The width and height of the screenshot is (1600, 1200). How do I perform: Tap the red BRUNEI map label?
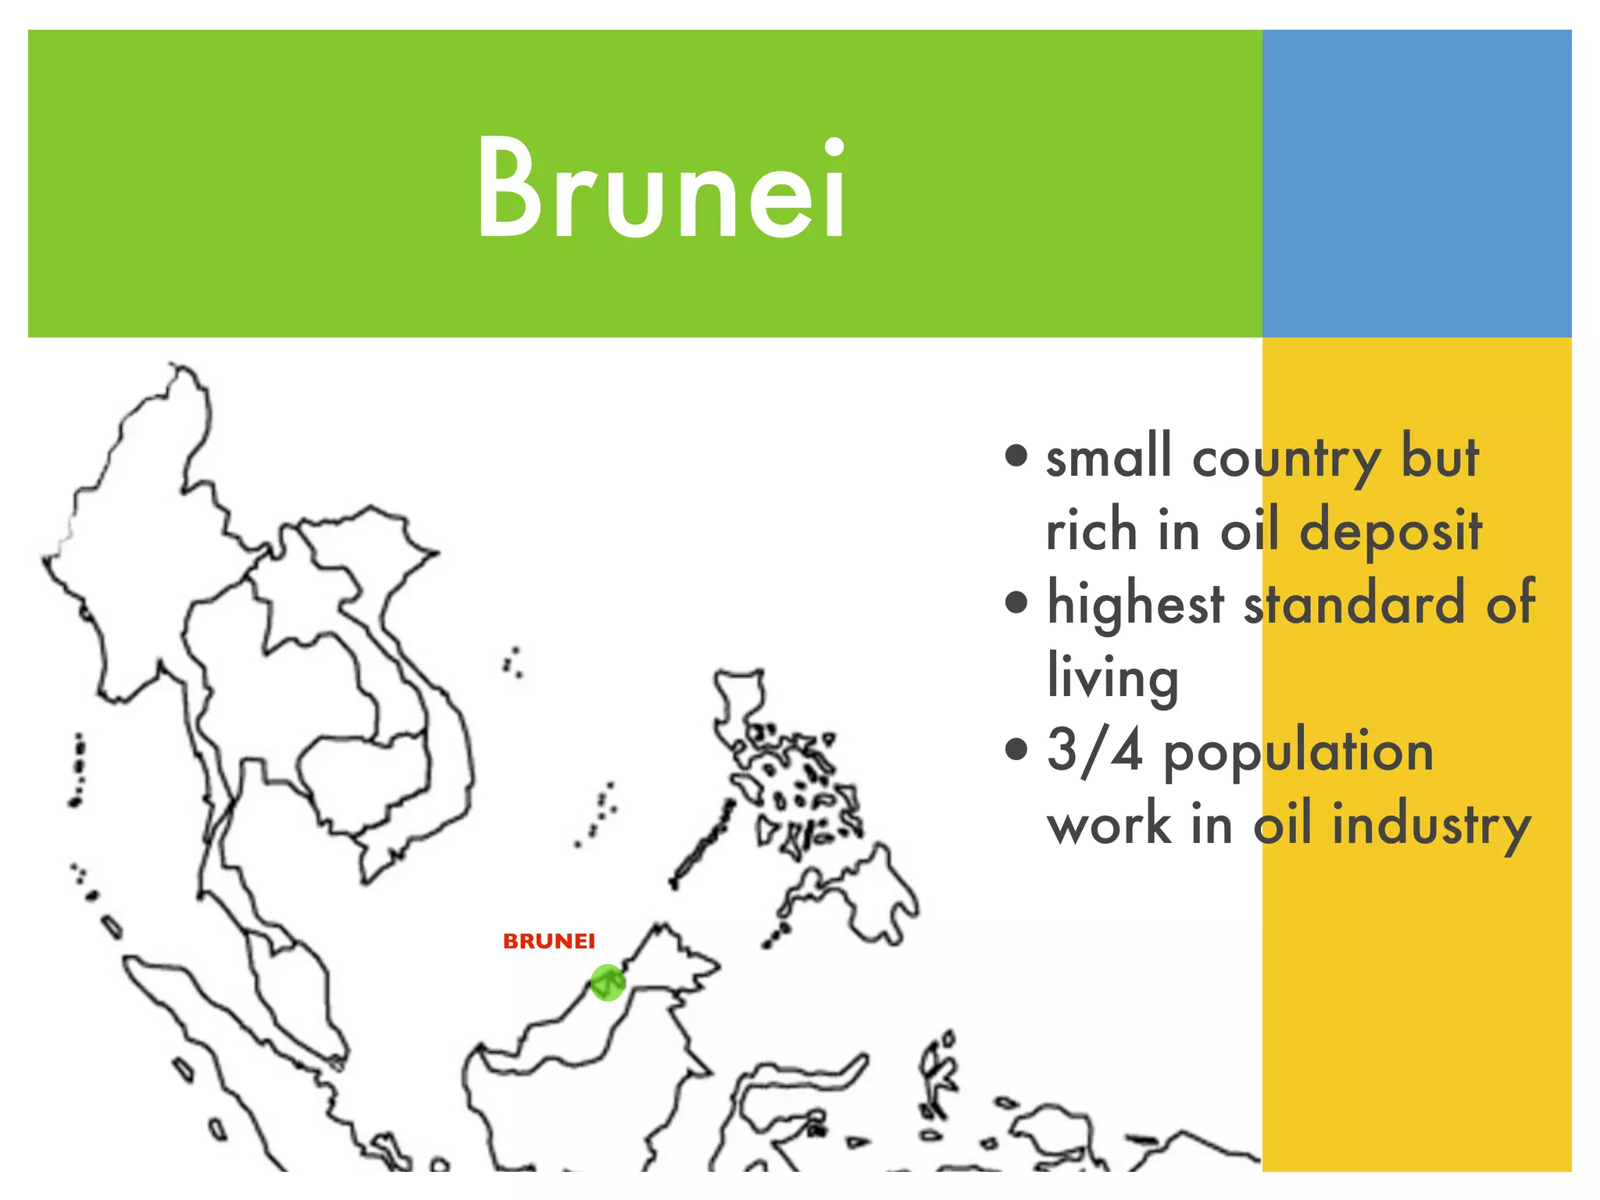pyautogui.click(x=548, y=941)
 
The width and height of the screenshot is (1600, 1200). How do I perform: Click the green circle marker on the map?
pyautogui.click(x=607, y=982)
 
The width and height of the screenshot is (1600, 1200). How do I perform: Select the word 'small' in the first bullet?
pyautogui.click(x=1109, y=456)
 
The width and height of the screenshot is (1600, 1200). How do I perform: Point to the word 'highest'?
pyautogui.click(x=1135, y=604)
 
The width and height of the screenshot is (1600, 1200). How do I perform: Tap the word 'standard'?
pyautogui.click(x=1354, y=604)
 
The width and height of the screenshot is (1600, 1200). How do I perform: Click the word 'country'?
pyautogui.click(x=1285, y=459)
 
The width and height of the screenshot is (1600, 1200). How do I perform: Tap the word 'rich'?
pyautogui.click(x=1091, y=530)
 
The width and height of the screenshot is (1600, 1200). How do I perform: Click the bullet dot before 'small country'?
pyautogui.click(x=1016, y=455)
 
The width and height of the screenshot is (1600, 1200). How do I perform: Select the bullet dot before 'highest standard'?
pyautogui.click(x=1016, y=602)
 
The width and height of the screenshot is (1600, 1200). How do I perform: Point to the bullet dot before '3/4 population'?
pyautogui.click(x=1016, y=749)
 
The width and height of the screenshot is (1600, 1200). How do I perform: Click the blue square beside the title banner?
pyautogui.click(x=1416, y=184)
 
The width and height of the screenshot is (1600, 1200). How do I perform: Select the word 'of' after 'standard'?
pyautogui.click(x=1510, y=604)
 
